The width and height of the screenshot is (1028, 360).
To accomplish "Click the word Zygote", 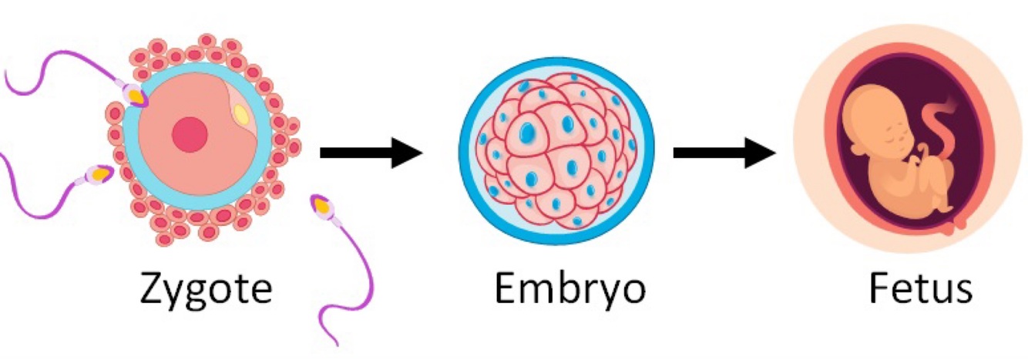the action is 206,291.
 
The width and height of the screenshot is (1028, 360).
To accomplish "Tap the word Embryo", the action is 569,291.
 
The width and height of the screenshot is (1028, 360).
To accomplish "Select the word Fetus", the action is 920,291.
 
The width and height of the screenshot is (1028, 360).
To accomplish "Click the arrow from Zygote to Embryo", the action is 371,153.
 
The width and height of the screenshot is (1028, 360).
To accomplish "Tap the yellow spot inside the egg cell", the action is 241,116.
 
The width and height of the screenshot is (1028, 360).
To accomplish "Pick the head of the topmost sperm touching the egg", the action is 136,95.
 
